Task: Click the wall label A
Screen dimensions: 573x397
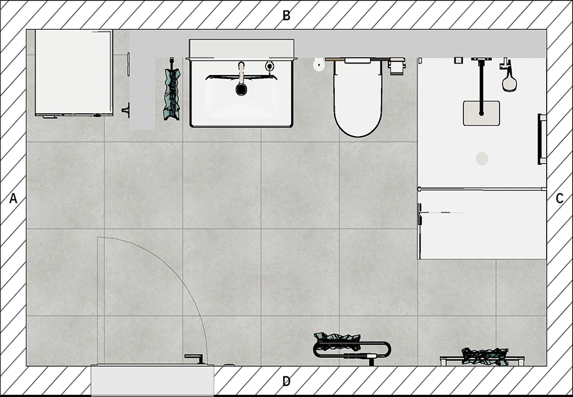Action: tap(13, 199)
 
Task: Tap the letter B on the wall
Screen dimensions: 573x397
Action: tap(286, 15)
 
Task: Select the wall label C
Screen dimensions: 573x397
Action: tap(559, 199)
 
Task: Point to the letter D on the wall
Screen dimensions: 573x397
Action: tap(286, 382)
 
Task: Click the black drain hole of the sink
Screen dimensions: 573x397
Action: tap(241, 89)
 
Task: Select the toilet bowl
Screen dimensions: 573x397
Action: tap(358, 98)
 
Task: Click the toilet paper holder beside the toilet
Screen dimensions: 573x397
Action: tap(396, 66)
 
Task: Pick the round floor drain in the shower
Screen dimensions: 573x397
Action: tap(482, 158)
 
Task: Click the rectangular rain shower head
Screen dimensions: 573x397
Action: tap(481, 113)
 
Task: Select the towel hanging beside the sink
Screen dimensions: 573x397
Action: tap(172, 93)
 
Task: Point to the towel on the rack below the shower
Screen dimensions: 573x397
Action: tap(485, 356)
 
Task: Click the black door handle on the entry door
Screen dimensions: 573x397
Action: tap(195, 358)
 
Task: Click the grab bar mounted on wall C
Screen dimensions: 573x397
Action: tap(541, 139)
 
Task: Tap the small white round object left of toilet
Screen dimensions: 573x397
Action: tap(319, 65)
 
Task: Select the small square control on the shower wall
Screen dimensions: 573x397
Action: tap(458, 60)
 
